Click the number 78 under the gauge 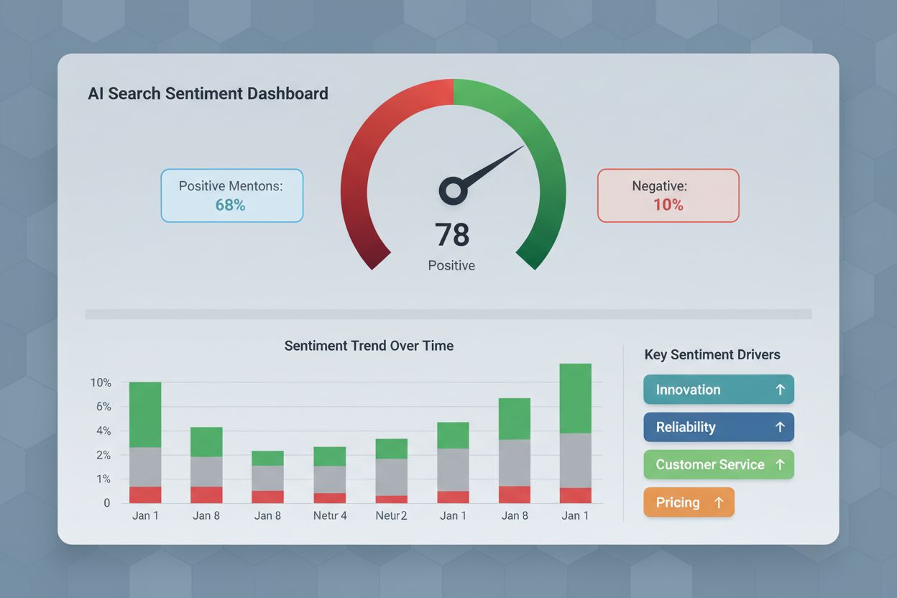tap(452, 235)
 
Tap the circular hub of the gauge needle tap(453, 190)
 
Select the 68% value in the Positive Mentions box tap(231, 205)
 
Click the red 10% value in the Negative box tap(668, 205)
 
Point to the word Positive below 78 tap(451, 265)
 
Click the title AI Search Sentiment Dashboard tap(208, 93)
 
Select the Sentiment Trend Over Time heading tap(369, 346)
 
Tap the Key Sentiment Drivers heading tap(712, 354)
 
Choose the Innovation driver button tap(719, 390)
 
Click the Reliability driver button tap(719, 427)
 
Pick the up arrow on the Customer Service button tap(780, 464)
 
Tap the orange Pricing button tap(689, 502)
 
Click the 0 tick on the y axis tap(106, 503)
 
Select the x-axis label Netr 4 tap(330, 515)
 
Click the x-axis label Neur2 tap(391, 515)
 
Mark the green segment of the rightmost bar tap(575, 398)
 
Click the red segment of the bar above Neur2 tap(391, 499)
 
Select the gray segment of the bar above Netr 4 tap(330, 479)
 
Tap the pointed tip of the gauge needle tap(523, 147)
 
